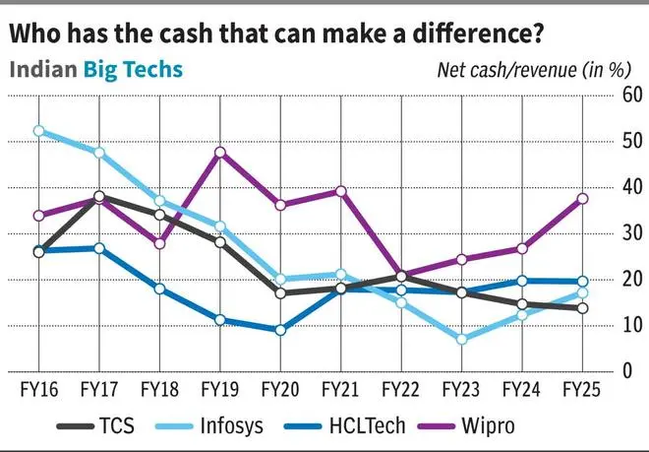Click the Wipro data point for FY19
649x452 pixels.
point(220,152)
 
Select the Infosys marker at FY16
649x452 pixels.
point(39,130)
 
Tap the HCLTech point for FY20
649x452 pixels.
point(280,330)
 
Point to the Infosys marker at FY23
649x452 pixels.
point(460,339)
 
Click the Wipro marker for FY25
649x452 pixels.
point(582,198)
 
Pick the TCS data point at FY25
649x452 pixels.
point(582,308)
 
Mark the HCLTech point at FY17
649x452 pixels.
point(99,248)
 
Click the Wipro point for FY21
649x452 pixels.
point(341,191)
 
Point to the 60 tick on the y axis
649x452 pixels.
point(631,97)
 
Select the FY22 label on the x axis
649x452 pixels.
point(400,389)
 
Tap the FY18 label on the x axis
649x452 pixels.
point(159,389)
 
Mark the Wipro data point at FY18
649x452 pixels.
point(159,243)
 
